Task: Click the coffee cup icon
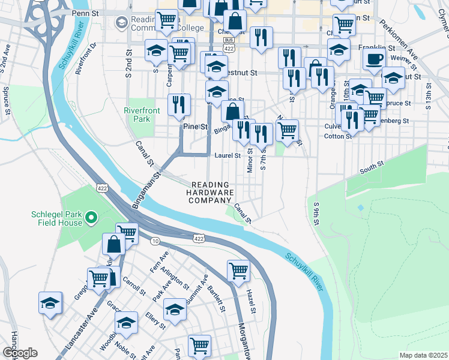[x=374, y=59]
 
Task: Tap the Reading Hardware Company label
[x=210, y=192]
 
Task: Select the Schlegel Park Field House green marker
[x=91, y=217]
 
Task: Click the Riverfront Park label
[x=140, y=115]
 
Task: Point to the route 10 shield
[x=155, y=241]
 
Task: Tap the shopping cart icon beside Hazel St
[x=238, y=271]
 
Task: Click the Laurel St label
[x=228, y=155]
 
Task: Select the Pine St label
[x=195, y=127]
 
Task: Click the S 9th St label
[x=316, y=214]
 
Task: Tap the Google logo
[x=20, y=353]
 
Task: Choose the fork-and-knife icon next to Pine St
[x=179, y=105]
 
